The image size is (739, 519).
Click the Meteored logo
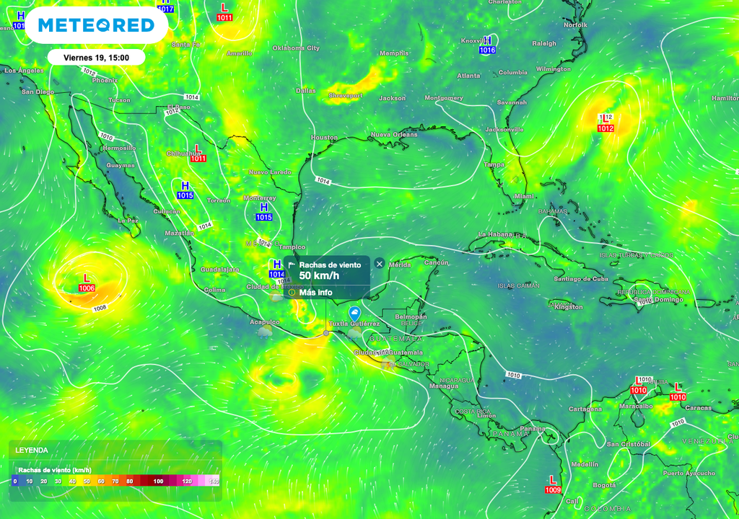[96, 25]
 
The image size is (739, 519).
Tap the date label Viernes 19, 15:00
[96, 58]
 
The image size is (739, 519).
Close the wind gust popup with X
[380, 264]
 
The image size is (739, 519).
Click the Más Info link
[315, 293]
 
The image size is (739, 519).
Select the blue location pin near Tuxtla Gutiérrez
[354, 314]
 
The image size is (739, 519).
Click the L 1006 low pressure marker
[87, 283]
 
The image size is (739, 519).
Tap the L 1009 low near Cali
[553, 484]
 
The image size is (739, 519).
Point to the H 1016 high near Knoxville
[488, 45]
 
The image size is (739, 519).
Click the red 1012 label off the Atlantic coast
[605, 128]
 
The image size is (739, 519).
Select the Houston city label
[324, 137]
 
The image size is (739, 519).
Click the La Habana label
[495, 235]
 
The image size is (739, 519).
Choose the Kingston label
[569, 307]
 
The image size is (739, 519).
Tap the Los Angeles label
[25, 71]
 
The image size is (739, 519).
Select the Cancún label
[437, 262]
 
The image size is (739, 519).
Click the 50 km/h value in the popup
[319, 276]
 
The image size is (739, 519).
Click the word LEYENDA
[32, 450]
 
